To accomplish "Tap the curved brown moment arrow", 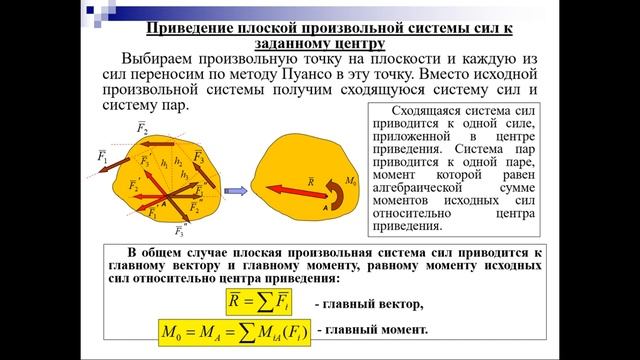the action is pos(338,191).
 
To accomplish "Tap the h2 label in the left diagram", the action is pos(177,159).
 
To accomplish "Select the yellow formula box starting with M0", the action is pos(232,330).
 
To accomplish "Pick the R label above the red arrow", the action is pos(311,181).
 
